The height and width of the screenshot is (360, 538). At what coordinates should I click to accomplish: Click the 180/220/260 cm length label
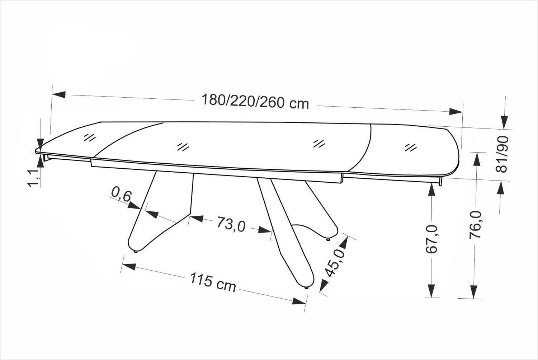[x=255, y=102]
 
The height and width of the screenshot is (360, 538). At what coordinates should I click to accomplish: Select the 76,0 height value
[x=475, y=225]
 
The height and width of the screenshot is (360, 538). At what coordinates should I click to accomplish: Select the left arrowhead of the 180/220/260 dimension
[x=59, y=94]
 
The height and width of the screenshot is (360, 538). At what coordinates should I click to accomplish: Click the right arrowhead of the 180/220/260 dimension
[x=456, y=111]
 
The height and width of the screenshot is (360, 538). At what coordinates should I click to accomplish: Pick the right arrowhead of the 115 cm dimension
[x=298, y=301]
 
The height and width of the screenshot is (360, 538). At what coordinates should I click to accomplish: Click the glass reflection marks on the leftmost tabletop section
[x=89, y=137]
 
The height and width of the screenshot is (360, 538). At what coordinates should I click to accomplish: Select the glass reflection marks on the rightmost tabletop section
[x=410, y=147]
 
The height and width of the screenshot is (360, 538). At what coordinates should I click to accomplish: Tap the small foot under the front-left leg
[x=136, y=252]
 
